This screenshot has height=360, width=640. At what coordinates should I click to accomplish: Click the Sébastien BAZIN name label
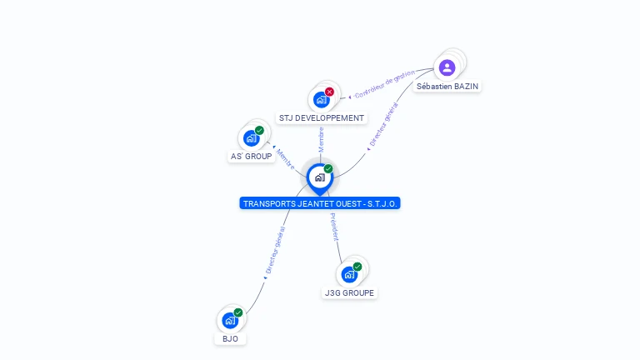[448, 86]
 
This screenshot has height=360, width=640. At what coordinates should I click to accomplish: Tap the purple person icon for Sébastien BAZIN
[447, 67]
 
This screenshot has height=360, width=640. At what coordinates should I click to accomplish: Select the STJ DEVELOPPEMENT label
[322, 118]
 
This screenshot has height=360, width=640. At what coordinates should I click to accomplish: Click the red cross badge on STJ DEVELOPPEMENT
[330, 92]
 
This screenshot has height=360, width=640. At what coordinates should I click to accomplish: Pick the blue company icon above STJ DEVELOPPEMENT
[321, 100]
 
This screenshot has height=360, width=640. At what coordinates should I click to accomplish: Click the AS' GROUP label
[252, 157]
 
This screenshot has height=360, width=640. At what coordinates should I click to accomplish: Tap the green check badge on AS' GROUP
[259, 131]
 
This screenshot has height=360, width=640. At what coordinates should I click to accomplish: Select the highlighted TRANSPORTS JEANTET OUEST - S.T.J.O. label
[320, 203]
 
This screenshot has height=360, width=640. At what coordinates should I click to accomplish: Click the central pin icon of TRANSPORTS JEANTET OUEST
[319, 177]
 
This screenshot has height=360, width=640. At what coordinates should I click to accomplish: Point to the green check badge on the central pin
[328, 169]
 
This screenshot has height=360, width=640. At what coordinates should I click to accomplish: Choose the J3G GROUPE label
[350, 293]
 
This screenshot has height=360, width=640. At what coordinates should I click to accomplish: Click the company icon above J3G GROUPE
[349, 274]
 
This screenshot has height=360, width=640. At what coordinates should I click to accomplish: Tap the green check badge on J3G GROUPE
[357, 267]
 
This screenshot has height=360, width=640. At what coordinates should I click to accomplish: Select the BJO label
[230, 339]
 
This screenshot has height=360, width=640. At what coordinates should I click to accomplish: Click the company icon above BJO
[229, 320]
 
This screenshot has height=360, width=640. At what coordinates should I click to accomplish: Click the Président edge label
[333, 227]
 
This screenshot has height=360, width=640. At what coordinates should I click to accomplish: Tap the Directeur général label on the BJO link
[275, 250]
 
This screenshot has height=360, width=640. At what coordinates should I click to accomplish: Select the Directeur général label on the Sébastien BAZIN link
[384, 126]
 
